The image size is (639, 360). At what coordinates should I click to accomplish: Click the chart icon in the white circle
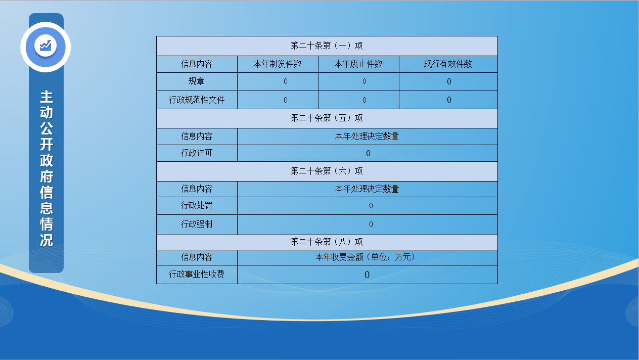[45, 46]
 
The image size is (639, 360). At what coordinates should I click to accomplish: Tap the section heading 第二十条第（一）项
[327, 46]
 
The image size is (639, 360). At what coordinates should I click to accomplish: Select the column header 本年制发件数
[278, 64]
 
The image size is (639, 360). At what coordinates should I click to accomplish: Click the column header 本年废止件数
[358, 64]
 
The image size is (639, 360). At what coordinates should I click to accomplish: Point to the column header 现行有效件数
[448, 64]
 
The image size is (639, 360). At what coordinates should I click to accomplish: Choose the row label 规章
[197, 81]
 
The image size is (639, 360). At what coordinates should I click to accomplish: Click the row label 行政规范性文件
[197, 100]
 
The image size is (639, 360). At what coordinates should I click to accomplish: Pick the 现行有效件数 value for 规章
[449, 81]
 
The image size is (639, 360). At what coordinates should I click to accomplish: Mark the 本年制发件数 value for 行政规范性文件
[286, 100]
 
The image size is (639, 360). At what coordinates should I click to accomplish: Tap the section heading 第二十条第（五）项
[327, 118]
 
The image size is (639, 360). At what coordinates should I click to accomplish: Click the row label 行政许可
[197, 153]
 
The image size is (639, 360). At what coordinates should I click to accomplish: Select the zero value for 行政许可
[368, 154]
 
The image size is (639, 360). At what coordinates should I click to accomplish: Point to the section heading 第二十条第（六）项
[327, 171]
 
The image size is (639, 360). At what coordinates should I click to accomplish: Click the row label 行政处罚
[197, 205]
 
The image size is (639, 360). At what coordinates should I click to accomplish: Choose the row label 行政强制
[197, 224]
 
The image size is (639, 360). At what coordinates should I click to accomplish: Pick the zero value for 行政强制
[371, 224]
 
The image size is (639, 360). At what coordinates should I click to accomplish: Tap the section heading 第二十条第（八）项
[327, 242]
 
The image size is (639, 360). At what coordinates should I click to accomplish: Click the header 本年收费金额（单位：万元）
[367, 257]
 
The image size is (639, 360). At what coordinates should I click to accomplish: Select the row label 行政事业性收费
[197, 275]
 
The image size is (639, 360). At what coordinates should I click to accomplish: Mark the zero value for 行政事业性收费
[367, 275]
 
